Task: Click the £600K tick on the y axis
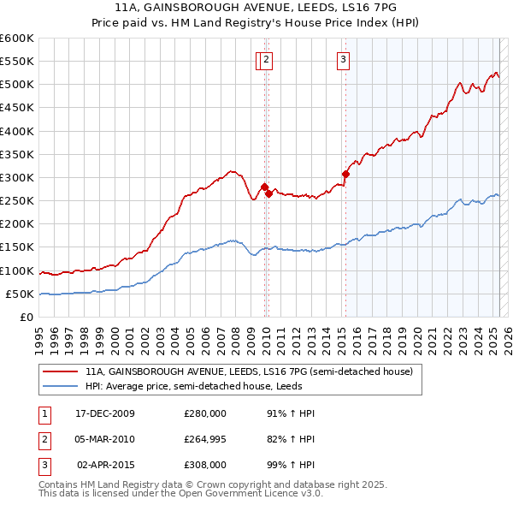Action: pos(17,39)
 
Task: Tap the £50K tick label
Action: pos(21,294)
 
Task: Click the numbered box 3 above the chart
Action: pos(343,60)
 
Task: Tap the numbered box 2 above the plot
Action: pos(267,60)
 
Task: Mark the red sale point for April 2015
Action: pos(346,174)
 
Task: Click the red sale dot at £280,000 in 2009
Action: pos(264,187)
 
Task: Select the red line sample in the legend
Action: pos(61,372)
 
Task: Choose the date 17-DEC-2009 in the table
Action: pos(105,413)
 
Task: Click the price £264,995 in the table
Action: pos(205,439)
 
